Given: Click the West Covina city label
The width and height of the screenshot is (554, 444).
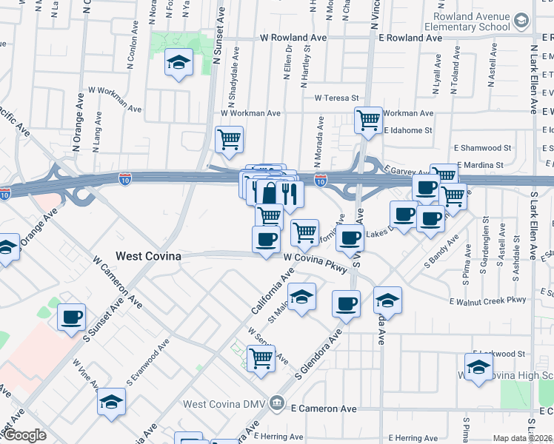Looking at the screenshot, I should coord(148,256).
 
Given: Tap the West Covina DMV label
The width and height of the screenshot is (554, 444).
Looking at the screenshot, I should coord(225,404).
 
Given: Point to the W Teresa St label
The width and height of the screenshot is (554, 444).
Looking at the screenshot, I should coord(336,98).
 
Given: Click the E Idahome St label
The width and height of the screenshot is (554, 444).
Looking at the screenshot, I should coord(408,130).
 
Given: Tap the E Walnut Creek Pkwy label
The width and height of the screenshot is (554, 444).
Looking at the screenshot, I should coord(487,300).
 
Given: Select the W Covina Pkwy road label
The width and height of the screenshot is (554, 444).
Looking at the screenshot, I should coord(315,263).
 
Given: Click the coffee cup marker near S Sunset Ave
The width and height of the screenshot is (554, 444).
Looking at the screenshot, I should coord(72,317).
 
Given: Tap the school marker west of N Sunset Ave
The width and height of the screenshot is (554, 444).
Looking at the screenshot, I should coord(178,62).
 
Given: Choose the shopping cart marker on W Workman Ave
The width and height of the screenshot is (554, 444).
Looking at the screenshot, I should coord(230,138).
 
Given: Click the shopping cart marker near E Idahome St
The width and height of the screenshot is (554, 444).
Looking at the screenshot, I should coord(368,119).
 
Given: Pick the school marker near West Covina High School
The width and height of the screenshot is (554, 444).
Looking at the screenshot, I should coord(478,367).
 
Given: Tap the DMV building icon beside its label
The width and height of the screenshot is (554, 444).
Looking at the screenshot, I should coord(277,403).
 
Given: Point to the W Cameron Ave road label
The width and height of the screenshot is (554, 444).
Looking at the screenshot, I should coord(118,281).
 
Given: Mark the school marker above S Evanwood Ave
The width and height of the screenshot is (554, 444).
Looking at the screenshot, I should coord(112,401).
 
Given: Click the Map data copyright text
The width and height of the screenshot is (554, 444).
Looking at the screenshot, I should coord(522,438).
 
